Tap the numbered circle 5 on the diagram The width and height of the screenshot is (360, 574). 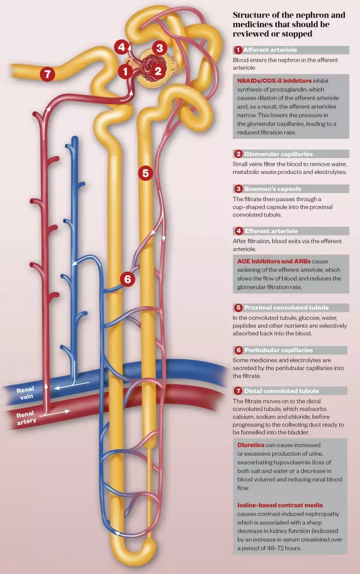[x=145, y=173]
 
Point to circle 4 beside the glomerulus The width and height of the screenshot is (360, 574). [x=122, y=47]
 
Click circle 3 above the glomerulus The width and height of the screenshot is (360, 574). [x=159, y=47]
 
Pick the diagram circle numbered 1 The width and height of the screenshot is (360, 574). [x=125, y=71]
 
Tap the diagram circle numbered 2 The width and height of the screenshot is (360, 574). [x=158, y=70]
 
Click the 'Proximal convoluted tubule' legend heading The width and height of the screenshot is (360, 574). [x=286, y=307]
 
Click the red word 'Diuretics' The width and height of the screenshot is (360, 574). [x=251, y=445]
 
